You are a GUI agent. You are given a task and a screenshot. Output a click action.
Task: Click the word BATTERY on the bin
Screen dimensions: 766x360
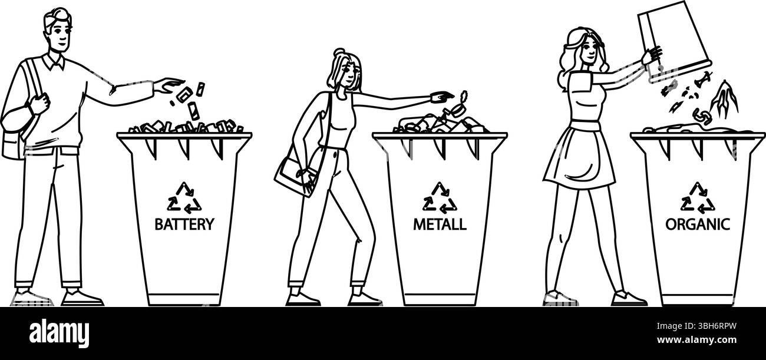pos(184,224)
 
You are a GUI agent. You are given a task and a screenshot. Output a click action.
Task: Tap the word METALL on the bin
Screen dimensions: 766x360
pos(440,224)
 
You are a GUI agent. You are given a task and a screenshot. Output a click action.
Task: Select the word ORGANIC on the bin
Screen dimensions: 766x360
pos(698,224)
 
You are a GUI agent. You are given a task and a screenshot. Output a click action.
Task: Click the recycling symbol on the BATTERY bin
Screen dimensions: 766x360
pos(184,198)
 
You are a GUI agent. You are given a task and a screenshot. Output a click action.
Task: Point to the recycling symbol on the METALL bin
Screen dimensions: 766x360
pos(440,198)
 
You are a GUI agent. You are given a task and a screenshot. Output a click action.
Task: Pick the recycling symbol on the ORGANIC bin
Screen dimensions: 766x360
pos(698,198)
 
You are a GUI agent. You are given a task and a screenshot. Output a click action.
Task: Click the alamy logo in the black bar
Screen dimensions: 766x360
pos(59,333)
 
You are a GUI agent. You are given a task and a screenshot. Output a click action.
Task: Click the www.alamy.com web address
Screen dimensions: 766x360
pos(696,340)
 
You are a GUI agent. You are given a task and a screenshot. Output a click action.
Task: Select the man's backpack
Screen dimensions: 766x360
pos(14,137)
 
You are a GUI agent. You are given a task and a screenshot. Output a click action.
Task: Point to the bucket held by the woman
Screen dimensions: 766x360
pos(673,41)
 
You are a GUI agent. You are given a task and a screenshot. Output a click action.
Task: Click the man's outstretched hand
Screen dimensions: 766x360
pos(169,85)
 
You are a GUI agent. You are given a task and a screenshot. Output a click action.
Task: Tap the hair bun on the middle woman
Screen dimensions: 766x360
pos(339,53)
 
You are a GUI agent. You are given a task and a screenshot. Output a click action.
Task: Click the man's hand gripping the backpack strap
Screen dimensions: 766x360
pos(39,103)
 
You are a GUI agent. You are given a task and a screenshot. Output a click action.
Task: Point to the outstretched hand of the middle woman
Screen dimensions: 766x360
pos(442,97)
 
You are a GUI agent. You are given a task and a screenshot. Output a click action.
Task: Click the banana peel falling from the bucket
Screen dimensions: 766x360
pos(724,100)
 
